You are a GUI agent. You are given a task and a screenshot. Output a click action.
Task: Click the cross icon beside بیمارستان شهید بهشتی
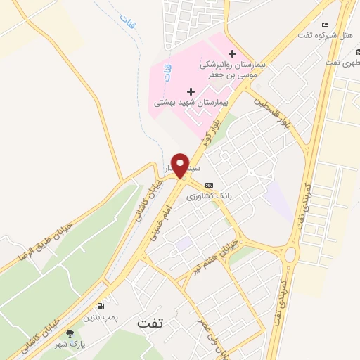click(191, 91)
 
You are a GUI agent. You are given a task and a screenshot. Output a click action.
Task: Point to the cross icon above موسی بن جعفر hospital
click(233, 53)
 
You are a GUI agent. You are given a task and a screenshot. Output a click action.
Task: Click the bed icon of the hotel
click(324, 25)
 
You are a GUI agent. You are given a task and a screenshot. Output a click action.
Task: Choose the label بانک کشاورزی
click(209, 196)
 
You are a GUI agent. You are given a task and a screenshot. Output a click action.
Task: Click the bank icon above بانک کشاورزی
click(208, 185)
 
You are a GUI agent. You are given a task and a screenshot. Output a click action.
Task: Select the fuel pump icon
click(103, 306)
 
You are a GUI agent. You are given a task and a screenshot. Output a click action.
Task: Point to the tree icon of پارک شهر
click(69, 333)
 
